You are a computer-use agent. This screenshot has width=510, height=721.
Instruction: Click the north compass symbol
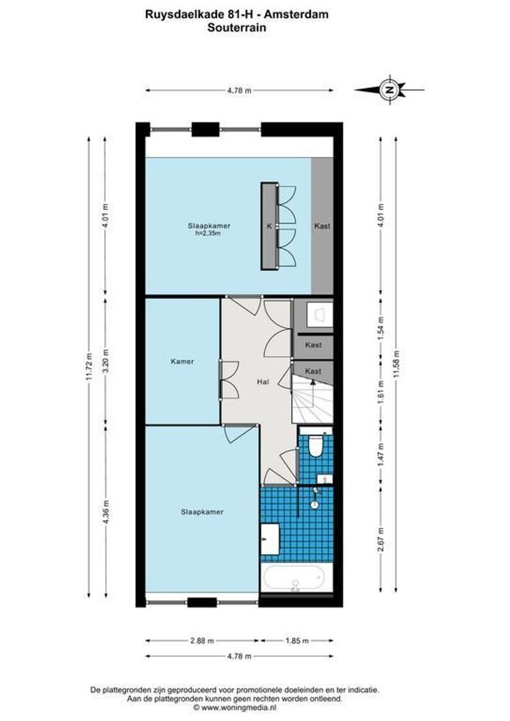pos(390,89)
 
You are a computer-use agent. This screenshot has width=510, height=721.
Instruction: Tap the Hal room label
pos(262,382)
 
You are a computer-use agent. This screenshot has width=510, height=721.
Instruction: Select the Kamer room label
pos(182,361)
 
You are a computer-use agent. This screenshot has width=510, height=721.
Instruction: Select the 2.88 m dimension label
pos(202,640)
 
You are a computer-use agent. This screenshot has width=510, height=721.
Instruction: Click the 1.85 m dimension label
pos(296,640)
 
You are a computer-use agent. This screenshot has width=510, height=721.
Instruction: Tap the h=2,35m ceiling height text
pos(208,233)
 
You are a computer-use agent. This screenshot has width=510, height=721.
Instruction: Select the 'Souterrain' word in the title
pos(237,27)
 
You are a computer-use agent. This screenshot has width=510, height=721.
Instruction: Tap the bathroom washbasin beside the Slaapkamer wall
pos(270,539)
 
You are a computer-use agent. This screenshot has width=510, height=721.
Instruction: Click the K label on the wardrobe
pos(270,226)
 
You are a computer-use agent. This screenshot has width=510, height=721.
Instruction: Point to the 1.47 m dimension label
pos(380,455)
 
